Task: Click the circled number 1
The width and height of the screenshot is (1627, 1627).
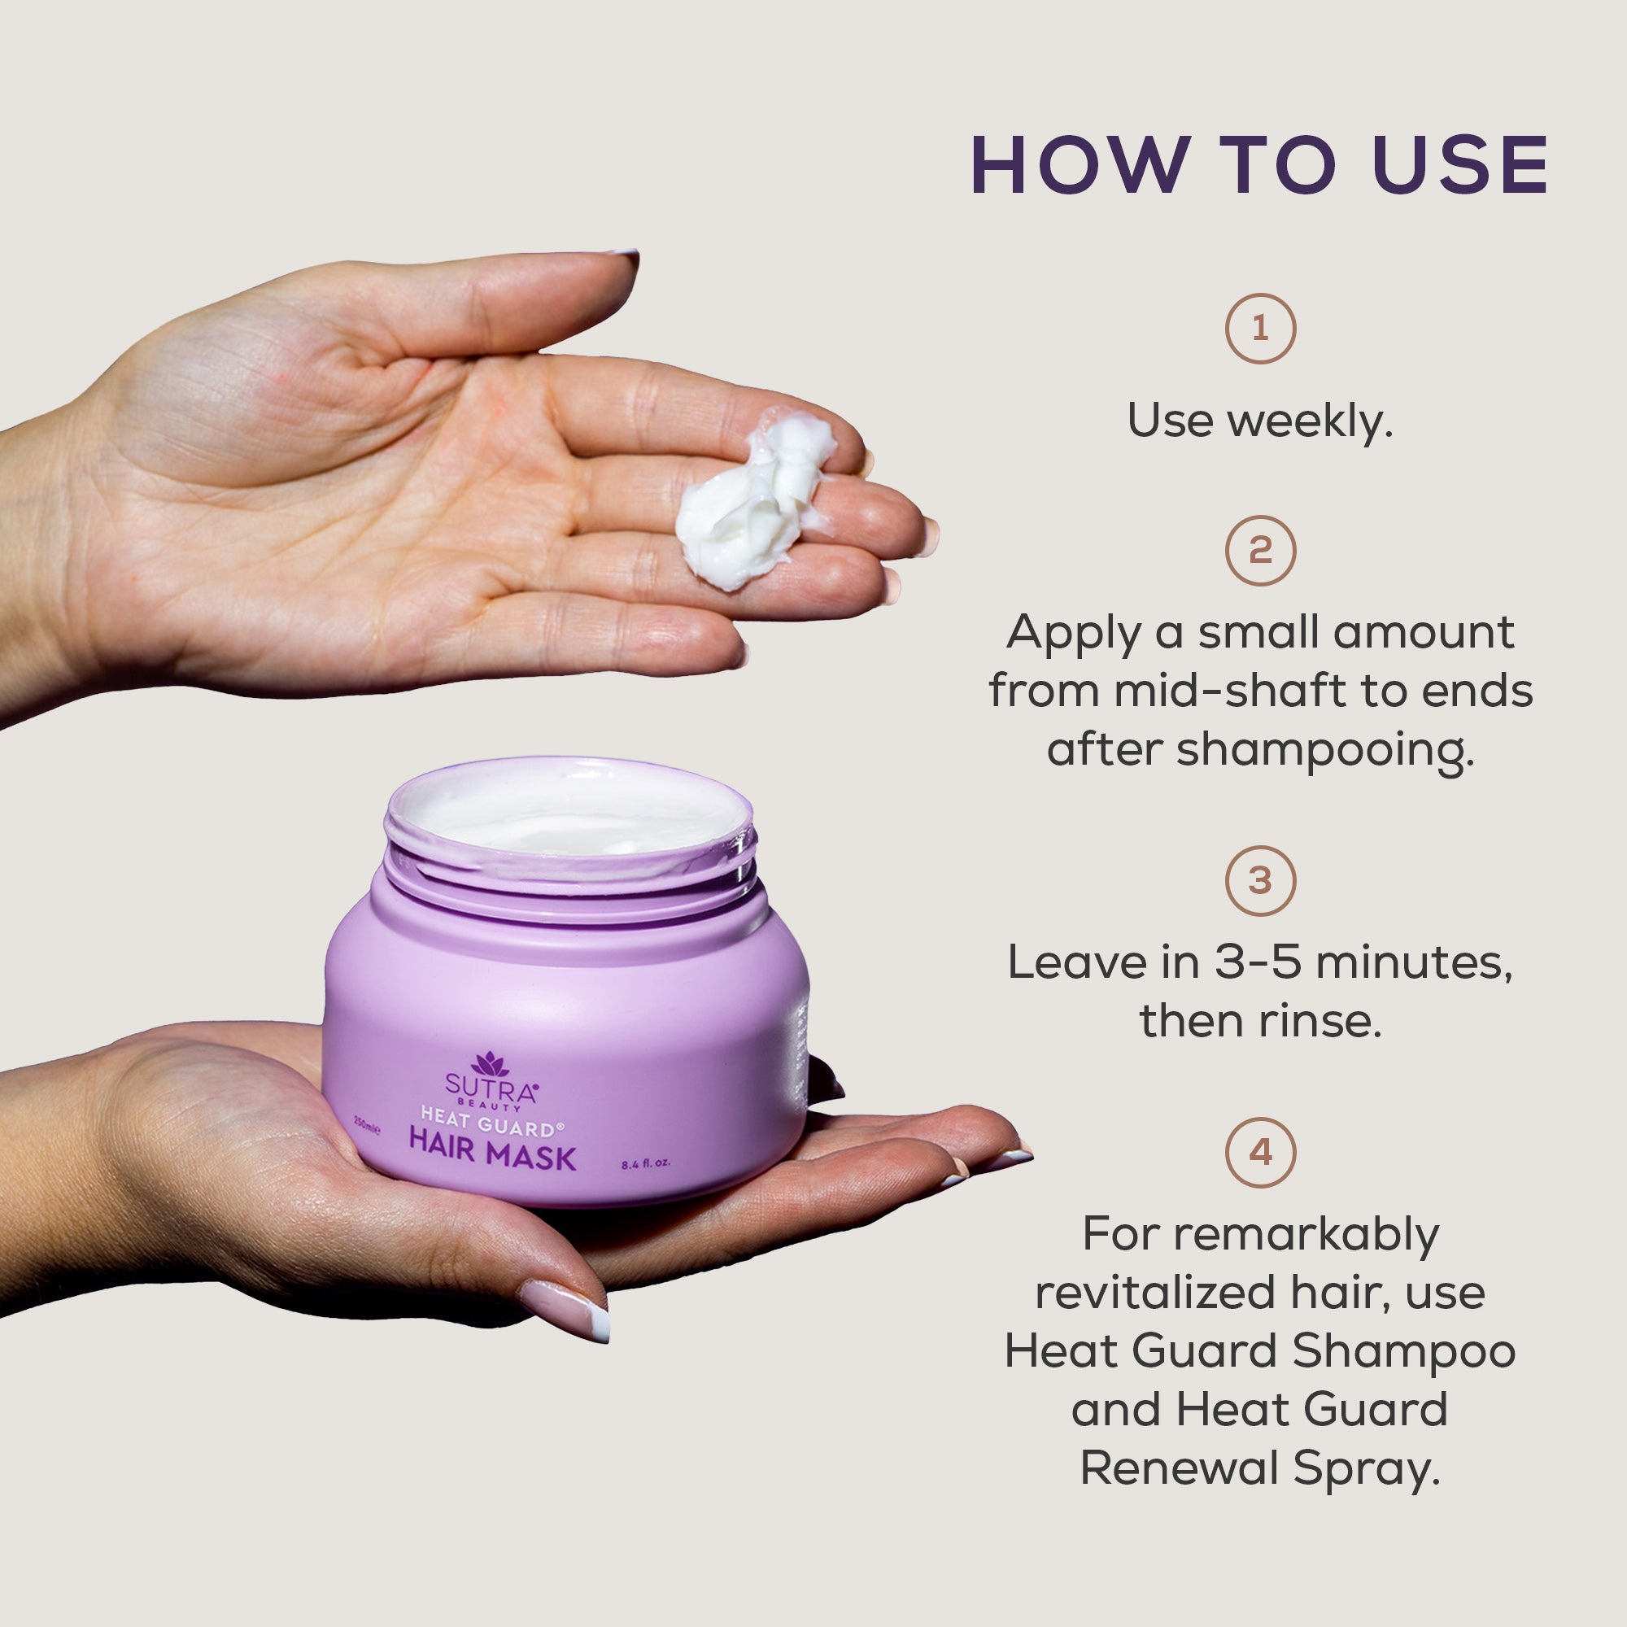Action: (x=1260, y=329)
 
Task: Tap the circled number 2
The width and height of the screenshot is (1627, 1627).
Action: (x=1260, y=551)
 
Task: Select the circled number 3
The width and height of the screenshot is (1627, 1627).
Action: (x=1260, y=881)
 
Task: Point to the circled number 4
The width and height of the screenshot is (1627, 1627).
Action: (x=1260, y=1153)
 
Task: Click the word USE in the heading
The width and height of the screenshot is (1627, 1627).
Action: (x=1460, y=165)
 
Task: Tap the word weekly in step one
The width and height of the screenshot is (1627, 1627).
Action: (x=1309, y=421)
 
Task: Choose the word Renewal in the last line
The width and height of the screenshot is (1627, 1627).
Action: (x=1180, y=1468)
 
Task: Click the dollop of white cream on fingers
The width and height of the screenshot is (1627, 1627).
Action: (x=754, y=505)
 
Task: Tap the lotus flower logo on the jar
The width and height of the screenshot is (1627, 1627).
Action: (x=490, y=1064)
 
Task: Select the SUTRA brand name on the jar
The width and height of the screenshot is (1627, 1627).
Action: (x=490, y=1091)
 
